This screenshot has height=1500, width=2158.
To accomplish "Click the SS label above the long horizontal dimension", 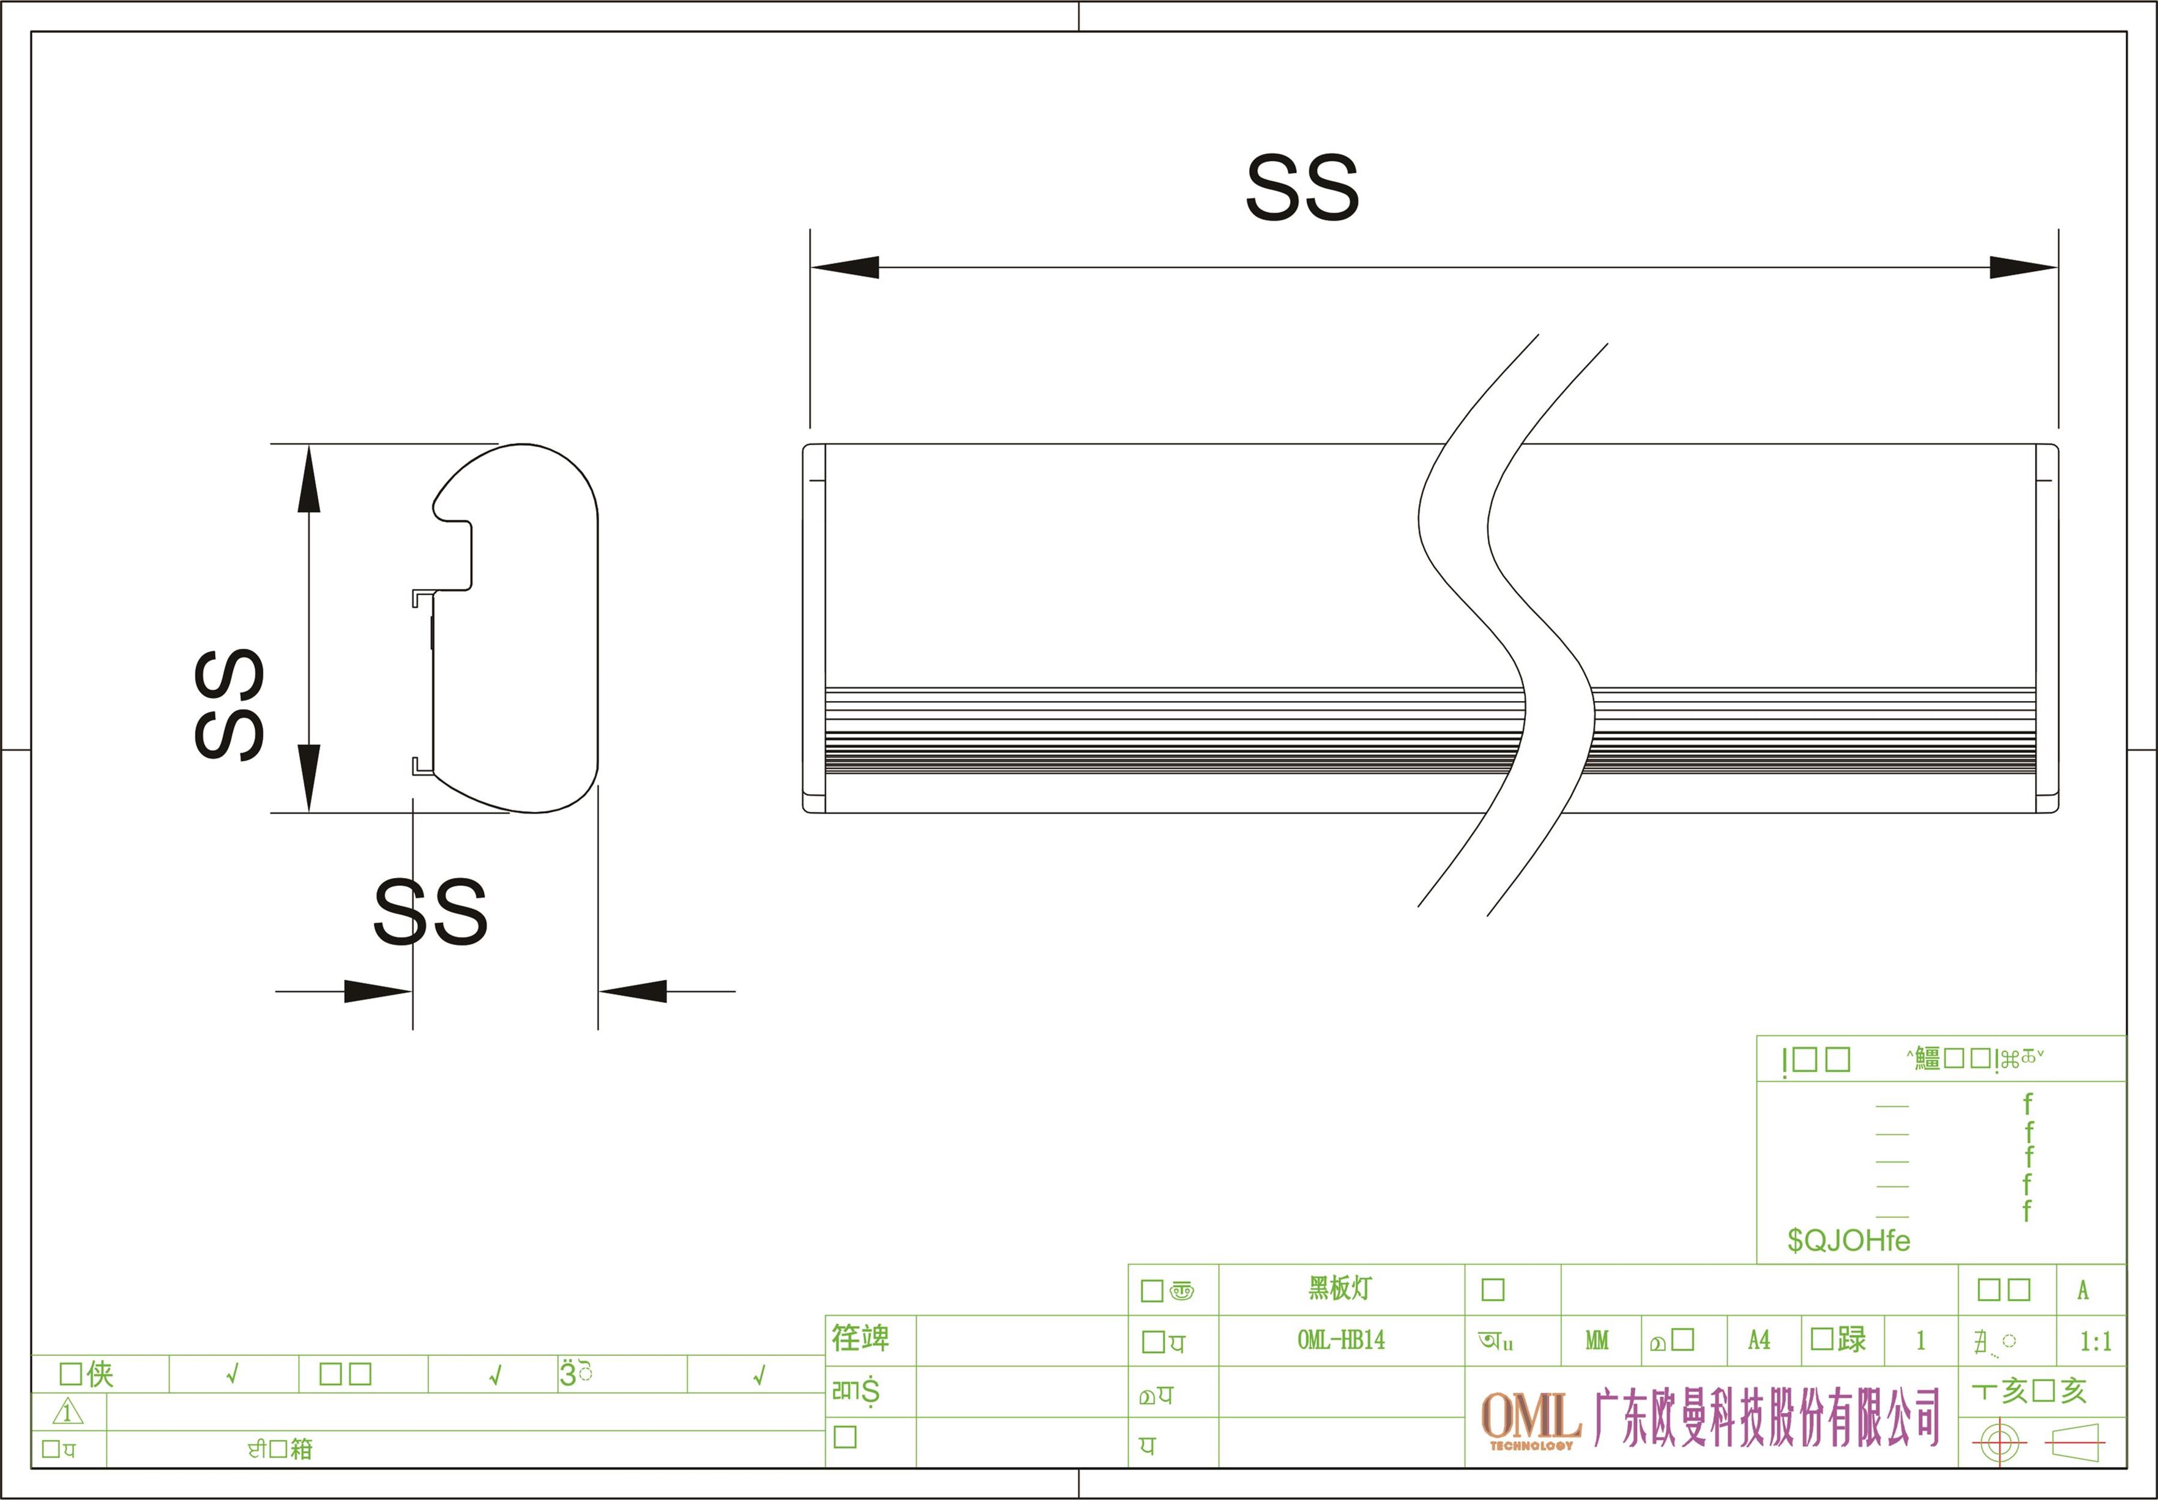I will tap(1302, 187).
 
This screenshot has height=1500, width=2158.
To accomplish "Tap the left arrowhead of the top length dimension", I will tap(845, 267).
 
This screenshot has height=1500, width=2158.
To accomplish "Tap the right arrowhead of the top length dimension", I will tap(2023, 267).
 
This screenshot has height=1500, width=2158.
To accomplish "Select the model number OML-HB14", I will tap(1341, 1340).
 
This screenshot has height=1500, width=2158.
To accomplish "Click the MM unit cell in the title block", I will tap(1597, 1340).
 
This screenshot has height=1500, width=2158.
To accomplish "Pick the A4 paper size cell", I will tap(1759, 1340).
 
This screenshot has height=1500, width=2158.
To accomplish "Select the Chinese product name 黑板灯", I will tap(1341, 1288).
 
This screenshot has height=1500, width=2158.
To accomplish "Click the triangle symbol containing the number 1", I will tap(69, 1412).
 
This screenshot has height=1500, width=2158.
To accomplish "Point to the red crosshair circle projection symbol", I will tap(1999, 1442).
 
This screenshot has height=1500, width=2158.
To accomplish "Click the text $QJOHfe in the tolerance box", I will tap(1848, 1240).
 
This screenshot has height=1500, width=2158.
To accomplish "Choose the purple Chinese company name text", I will tap(1767, 1417).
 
